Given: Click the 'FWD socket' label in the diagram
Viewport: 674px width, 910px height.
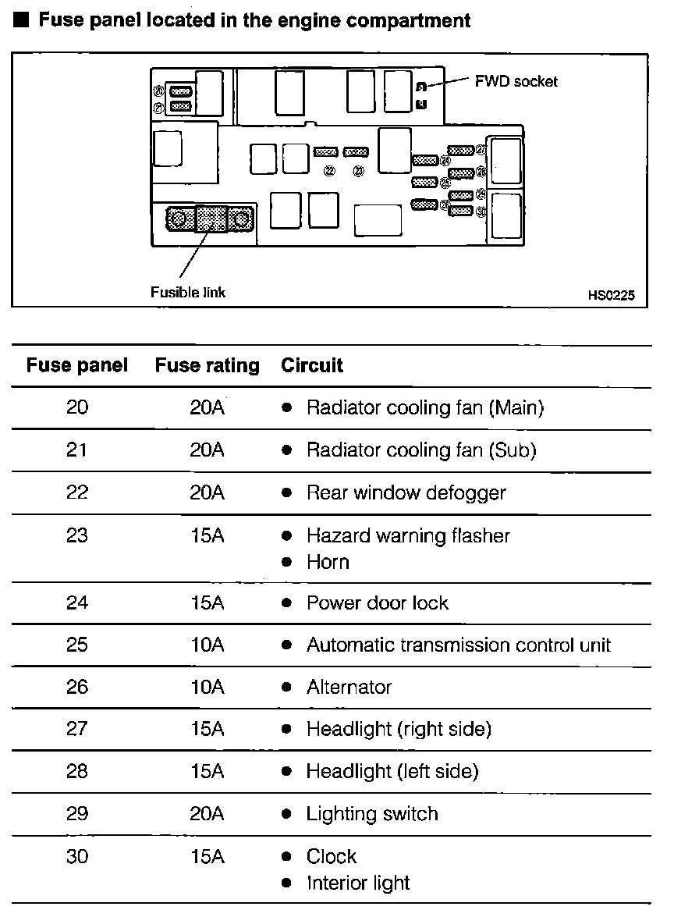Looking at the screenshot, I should point(516,81).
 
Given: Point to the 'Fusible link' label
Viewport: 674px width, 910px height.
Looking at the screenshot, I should point(187,293).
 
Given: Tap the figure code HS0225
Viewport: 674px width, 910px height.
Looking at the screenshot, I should point(612,296).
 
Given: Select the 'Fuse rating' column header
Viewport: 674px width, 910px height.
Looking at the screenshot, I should point(207,365).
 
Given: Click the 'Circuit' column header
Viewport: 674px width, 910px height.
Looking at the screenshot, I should point(312,365).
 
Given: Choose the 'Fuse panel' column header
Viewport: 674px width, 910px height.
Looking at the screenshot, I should point(76,365).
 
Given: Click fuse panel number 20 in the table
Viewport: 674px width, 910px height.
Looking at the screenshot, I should point(77,407).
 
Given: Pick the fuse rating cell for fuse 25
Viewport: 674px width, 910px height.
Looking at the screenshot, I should point(207,645).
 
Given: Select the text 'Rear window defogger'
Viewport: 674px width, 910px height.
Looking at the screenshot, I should point(406,493).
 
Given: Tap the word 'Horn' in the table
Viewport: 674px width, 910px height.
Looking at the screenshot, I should point(328,562).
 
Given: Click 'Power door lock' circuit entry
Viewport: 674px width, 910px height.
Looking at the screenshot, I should point(378,603).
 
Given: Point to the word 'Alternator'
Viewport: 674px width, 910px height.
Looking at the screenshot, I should point(349,688).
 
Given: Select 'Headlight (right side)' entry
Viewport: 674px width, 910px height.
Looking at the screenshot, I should point(399,730).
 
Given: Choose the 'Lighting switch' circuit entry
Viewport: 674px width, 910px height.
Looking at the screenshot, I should point(372,814).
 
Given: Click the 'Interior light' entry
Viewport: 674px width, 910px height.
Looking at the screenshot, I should point(358,883).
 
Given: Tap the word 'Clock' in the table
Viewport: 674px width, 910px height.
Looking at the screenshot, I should point(332,856).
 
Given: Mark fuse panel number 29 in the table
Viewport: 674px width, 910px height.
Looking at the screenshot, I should point(77,814).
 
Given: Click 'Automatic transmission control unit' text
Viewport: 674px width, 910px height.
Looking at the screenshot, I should point(459,645).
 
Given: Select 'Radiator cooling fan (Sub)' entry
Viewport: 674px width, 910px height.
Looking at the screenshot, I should point(421,450).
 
